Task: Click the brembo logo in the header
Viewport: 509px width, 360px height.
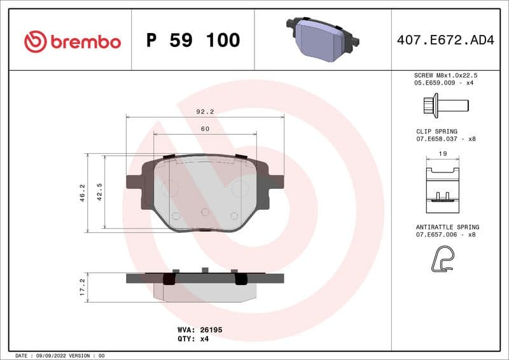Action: coord(72,41)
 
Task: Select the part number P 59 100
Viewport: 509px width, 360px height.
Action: coord(193,41)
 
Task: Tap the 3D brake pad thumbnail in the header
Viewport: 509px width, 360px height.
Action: coord(323,39)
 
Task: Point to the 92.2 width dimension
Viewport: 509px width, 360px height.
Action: coord(205,111)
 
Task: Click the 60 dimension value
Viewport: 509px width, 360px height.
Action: coord(205,128)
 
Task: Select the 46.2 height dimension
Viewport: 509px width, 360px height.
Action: coord(82,193)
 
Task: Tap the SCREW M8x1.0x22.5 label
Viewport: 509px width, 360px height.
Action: coord(445,75)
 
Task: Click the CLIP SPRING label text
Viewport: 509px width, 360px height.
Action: coord(436,132)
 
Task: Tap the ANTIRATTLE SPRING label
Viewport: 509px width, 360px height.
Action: coord(447,227)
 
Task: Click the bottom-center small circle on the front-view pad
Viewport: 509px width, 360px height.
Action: coord(205,212)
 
